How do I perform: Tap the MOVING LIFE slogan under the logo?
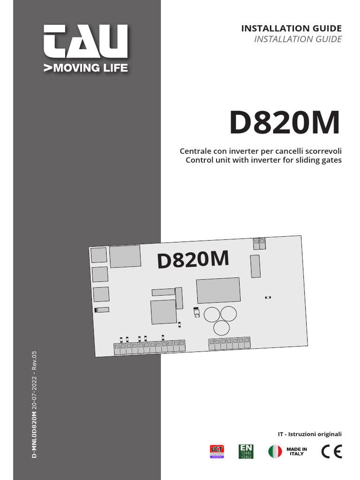[85, 68]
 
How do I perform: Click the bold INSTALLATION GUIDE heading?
[291, 29]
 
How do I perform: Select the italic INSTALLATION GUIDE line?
[298, 39]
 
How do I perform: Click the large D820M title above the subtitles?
[284, 123]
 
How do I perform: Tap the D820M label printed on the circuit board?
[193, 259]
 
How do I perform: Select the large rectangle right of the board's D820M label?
[218, 290]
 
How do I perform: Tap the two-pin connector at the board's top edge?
[259, 244]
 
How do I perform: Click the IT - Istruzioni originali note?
[310, 434]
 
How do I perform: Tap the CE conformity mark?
[331, 451]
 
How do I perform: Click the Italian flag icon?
[275, 451]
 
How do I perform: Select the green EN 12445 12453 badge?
[246, 451]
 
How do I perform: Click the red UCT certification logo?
[217, 451]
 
